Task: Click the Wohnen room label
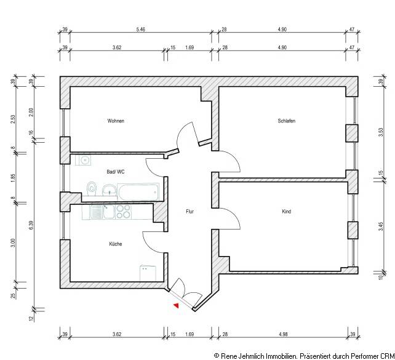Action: [x=116, y=121]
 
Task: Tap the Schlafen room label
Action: [x=286, y=121]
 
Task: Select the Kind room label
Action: [x=286, y=212]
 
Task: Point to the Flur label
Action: [x=191, y=212]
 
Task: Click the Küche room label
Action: [x=116, y=244]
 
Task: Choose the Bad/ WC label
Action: [x=116, y=172]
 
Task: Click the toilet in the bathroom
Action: [x=92, y=188]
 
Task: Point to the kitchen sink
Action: [x=98, y=212]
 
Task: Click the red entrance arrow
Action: [x=176, y=304]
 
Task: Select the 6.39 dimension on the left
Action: [x=31, y=225]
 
